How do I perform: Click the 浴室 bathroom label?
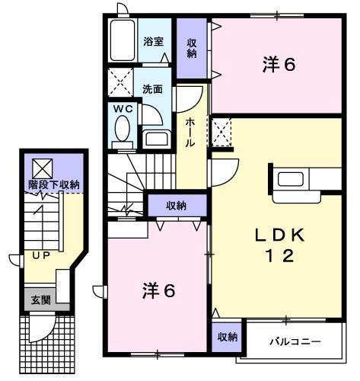(154, 42)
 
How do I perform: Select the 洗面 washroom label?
(153, 88)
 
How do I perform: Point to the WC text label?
(123, 109)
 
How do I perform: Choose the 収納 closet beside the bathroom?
(193, 47)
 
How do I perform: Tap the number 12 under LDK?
(279, 258)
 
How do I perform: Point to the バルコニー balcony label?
(295, 341)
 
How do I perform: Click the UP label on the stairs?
(41, 255)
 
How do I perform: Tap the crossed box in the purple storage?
(40, 166)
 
